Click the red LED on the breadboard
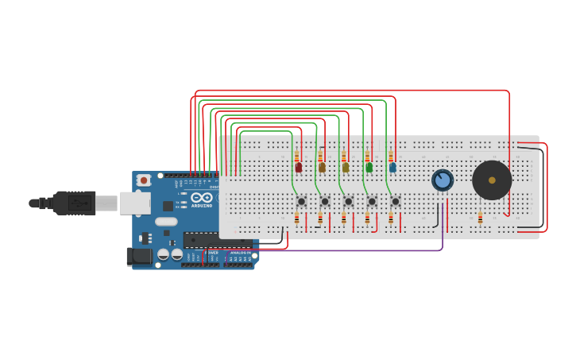(298, 167)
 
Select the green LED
(369, 167)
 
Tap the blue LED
(392, 167)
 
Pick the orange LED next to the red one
(322, 167)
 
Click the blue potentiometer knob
(443, 180)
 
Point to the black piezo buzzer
(492, 180)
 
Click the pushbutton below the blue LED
(395, 201)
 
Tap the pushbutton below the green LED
(372, 201)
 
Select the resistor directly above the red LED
(296, 157)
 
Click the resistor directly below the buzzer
(480, 218)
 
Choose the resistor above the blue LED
(390, 157)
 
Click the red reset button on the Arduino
(143, 180)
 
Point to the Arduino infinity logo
(202, 197)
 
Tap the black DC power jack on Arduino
(139, 256)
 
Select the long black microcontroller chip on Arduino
(217, 239)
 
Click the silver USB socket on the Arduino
(135, 203)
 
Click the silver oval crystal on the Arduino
(166, 222)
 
